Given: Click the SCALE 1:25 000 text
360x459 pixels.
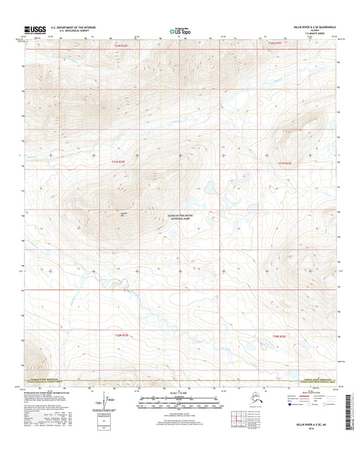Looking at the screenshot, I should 180,393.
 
